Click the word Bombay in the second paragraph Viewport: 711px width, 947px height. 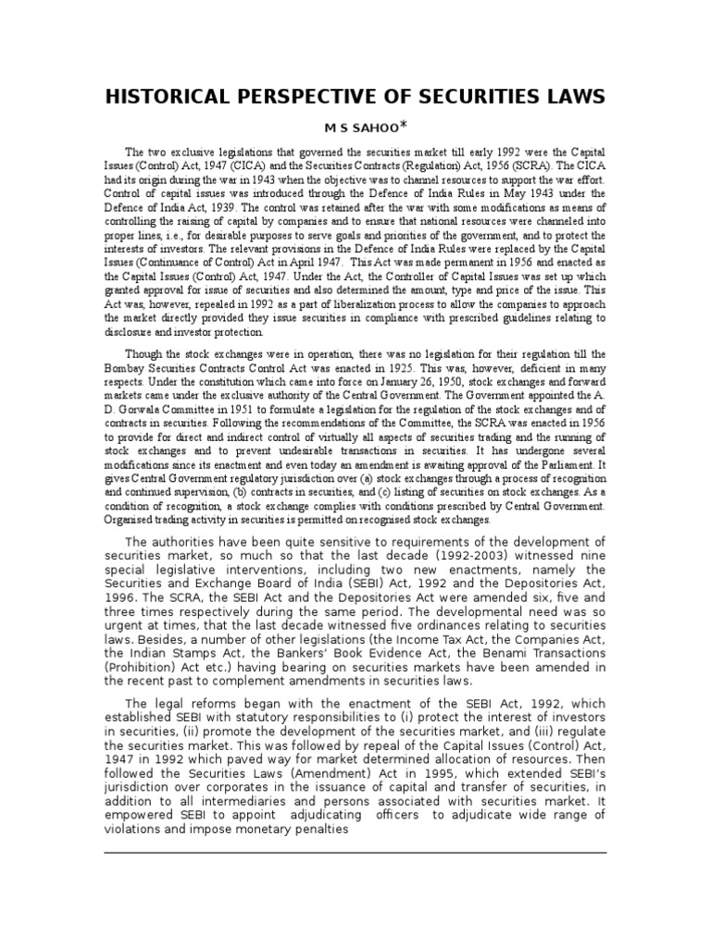pos(126,367)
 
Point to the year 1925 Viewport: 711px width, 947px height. pos(379,367)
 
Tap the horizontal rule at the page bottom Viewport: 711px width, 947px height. pos(355,853)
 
